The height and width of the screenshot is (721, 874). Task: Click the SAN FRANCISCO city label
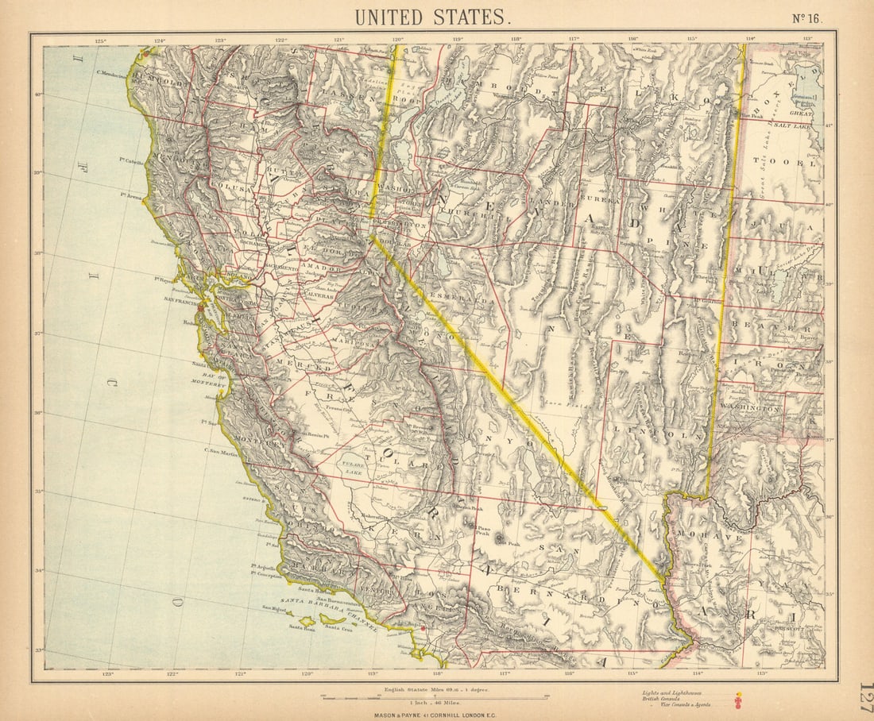(x=184, y=301)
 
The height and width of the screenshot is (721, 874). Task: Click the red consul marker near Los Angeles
(x=423, y=629)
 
